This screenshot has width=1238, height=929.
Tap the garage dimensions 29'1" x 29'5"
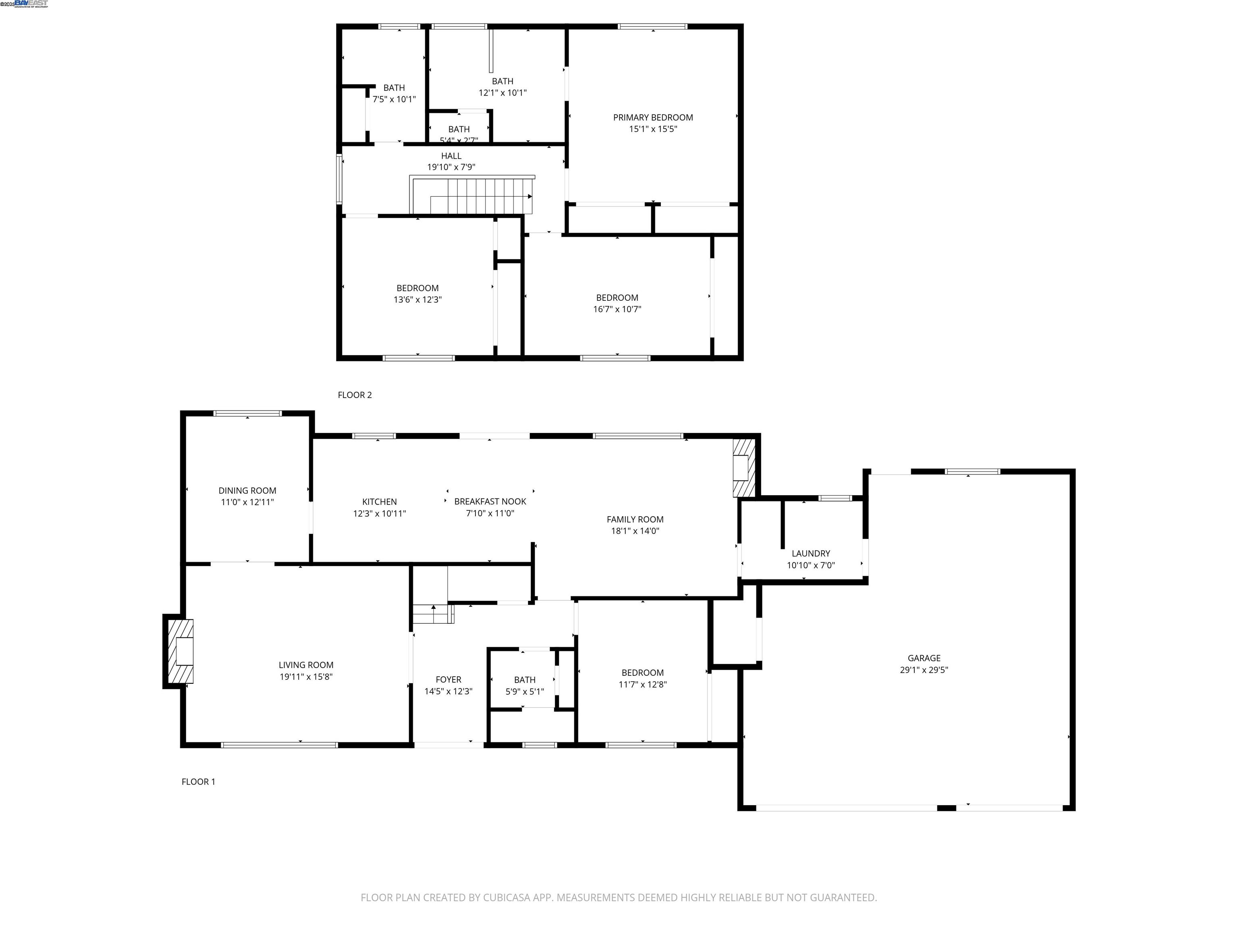[x=924, y=670]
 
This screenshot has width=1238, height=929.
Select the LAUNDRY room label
[x=810, y=553]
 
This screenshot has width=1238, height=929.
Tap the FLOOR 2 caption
[x=354, y=395]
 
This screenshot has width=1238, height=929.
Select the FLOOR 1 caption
[x=198, y=782]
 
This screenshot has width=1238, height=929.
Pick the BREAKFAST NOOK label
[x=490, y=502]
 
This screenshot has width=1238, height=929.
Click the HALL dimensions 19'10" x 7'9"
[x=451, y=167]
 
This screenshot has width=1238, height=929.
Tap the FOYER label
[x=448, y=680]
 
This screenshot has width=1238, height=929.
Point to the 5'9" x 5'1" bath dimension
[x=524, y=692]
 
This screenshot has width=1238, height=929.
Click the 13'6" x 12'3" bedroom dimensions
[x=418, y=300]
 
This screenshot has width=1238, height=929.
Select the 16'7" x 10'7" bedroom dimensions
[x=617, y=309]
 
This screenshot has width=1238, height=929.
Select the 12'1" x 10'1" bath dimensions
[x=502, y=93]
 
